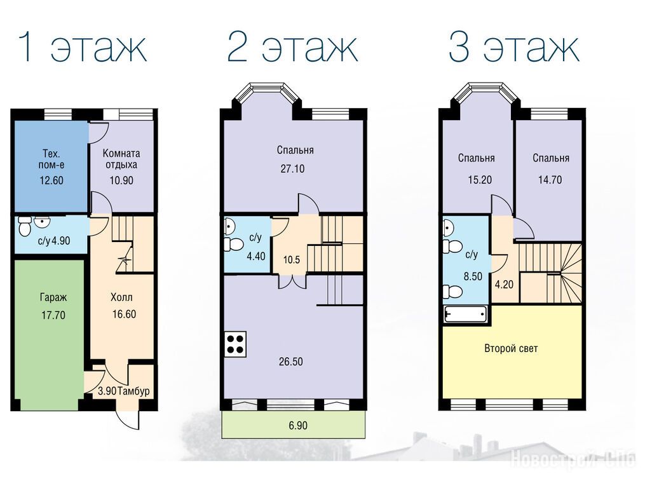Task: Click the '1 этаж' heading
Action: tap(82, 48)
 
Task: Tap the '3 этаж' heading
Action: tap(514, 48)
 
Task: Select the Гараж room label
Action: tap(53, 297)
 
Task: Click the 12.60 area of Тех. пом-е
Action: tap(51, 180)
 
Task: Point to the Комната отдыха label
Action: tap(121, 159)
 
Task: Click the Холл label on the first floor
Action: tap(122, 297)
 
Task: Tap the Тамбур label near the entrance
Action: tap(133, 391)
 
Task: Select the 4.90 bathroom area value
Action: tap(60, 241)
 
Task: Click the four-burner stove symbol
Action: tap(235, 344)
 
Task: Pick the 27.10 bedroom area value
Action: tap(292, 168)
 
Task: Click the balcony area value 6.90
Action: tap(298, 426)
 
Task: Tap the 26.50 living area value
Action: tap(291, 362)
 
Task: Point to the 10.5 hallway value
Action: tap(292, 260)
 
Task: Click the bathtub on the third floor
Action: tap(466, 315)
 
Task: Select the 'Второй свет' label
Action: tap(511, 348)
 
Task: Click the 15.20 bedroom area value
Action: tap(480, 180)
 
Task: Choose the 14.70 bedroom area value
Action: tap(550, 179)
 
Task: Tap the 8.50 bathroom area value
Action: tap(473, 276)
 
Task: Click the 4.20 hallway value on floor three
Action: tap(504, 284)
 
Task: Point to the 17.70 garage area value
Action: tap(53, 315)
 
